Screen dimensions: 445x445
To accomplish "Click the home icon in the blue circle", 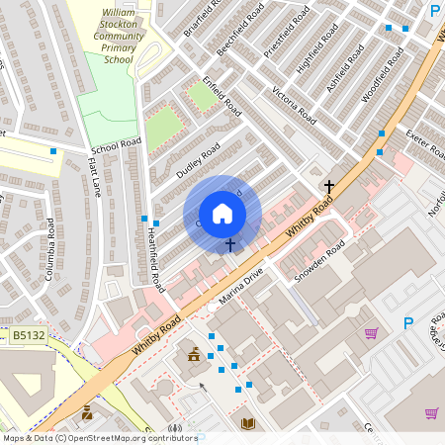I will (x=222, y=214).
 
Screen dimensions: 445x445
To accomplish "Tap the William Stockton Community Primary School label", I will (x=119, y=36).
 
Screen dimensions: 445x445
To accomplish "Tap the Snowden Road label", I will (x=320, y=261).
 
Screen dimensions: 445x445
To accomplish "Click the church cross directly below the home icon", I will (x=230, y=244).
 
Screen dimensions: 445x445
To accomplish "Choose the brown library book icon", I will (x=248, y=423).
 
